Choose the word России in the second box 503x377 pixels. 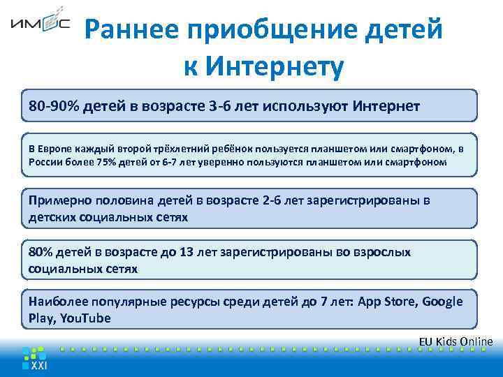(x=45, y=162)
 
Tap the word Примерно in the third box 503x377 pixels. (x=60, y=201)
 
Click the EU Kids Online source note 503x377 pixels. (x=455, y=341)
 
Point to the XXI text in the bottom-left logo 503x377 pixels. (x=39, y=365)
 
